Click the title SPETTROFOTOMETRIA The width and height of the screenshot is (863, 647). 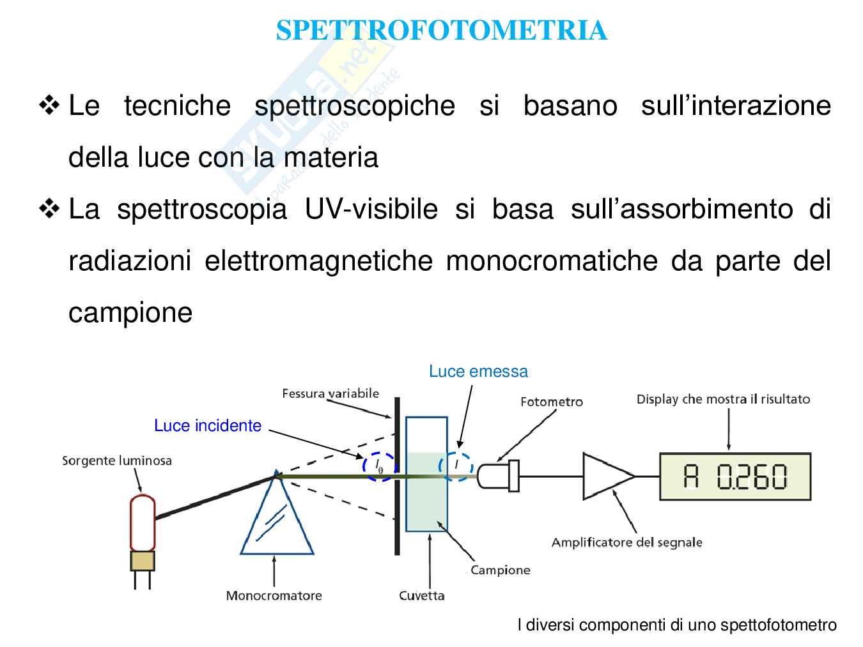pos(441,31)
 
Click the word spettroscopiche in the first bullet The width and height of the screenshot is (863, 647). pos(355,105)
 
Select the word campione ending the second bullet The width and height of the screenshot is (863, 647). pos(130,313)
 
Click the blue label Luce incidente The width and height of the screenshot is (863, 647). pos(208,426)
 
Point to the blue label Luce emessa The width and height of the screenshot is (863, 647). pos(478,372)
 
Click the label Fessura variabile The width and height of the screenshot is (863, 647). pos(330,393)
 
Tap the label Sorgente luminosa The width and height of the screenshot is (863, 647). pos(117,461)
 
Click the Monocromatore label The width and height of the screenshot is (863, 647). pos(274,596)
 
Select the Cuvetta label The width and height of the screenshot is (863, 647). pos(421,596)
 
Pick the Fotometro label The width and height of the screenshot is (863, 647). pos(552,402)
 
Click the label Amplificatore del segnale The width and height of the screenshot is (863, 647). pos(626,543)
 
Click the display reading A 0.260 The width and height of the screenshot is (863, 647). pos(735,476)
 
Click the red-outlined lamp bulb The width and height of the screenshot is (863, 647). pos(142,522)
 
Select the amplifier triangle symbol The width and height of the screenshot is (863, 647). pos(605,476)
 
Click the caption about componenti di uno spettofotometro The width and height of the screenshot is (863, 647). pos(676,625)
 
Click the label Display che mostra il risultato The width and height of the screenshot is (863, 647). pos(723,400)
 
